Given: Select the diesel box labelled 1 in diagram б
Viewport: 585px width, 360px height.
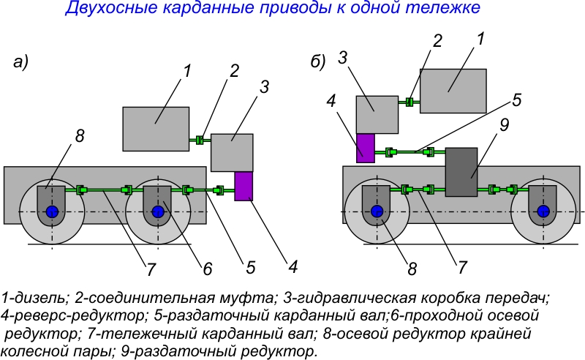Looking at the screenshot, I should coord(453,91).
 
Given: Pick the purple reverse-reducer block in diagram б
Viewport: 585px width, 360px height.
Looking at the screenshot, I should coord(365,147).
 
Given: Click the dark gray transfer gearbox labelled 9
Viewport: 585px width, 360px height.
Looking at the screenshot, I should coord(461,170).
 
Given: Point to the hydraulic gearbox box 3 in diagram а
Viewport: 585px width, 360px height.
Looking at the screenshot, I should coord(232,151).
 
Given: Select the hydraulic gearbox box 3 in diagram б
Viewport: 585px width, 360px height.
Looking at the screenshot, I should coord(377,113).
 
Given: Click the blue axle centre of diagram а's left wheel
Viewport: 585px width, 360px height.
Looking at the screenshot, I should coord(53,212).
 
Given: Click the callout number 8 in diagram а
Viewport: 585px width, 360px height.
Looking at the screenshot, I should coord(80,135).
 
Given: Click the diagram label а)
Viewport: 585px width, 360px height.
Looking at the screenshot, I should coord(21,63).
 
